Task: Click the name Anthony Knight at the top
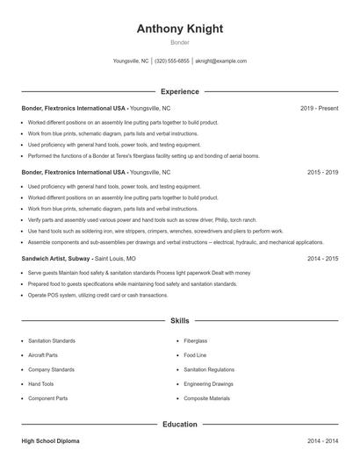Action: point(179,29)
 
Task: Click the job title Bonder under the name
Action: point(179,42)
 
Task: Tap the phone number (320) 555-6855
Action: point(172,61)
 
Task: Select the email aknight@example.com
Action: point(220,61)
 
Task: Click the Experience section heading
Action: point(179,91)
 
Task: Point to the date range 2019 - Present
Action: point(319,108)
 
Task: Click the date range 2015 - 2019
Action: point(322,173)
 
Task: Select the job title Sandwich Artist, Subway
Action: point(55,259)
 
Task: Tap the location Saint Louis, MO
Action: point(115,259)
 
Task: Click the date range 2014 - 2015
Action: point(322,259)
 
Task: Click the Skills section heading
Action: point(179,322)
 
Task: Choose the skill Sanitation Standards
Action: point(51,340)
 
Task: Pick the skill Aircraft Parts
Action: point(43,355)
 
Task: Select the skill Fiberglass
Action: point(196,340)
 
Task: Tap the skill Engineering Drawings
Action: point(208,384)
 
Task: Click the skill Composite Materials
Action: point(206,398)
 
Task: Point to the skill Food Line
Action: point(195,355)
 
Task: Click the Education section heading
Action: point(179,424)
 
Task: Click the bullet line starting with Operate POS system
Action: point(97,296)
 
